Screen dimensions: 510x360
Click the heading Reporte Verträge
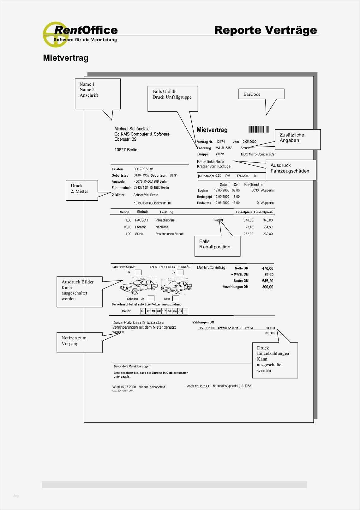[265, 30]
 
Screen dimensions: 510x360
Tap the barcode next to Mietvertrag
[258, 129]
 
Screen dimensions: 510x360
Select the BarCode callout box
[261, 94]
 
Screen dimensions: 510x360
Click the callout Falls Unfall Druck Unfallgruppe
[172, 99]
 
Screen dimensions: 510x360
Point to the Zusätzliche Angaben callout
[297, 139]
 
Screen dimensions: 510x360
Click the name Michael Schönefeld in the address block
[132, 129]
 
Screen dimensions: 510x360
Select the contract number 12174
[220, 142]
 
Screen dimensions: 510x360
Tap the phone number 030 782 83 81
[144, 169]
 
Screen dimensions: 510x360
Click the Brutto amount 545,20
[267, 281]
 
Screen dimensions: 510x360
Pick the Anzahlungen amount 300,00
[267, 287]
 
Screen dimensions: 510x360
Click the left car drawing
[139, 286]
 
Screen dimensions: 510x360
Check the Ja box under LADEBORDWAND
[138, 272]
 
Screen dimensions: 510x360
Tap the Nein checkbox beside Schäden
[176, 298]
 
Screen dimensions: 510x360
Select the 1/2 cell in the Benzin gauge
[164, 311]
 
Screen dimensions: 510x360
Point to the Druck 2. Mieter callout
[82, 190]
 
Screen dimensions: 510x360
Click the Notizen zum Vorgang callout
[80, 342]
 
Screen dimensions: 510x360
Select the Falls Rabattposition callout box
[217, 246]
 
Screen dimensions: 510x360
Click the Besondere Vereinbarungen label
[132, 367]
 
